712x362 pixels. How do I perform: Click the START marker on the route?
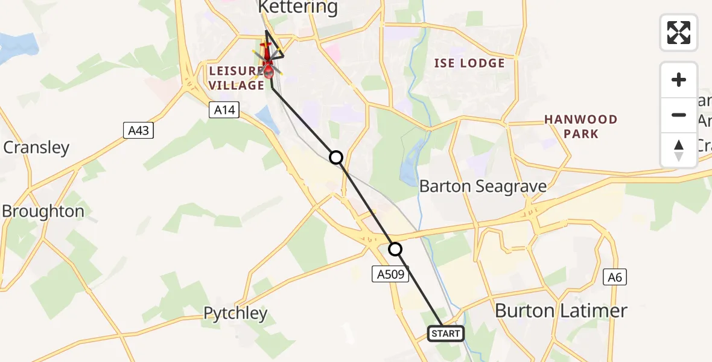(446, 333)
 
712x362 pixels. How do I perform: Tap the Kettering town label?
(298, 8)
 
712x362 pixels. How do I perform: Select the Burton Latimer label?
(561, 311)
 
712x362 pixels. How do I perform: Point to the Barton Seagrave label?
(483, 186)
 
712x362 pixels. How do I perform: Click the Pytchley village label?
(235, 313)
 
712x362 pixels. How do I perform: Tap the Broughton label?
(43, 211)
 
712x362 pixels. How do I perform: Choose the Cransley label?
(37, 147)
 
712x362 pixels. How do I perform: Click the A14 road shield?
(225, 110)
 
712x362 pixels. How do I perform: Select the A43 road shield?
(138, 130)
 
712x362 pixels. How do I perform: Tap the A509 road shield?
(390, 275)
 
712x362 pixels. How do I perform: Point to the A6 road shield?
(615, 277)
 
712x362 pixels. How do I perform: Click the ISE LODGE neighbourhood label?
(469, 63)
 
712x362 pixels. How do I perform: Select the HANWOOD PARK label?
(581, 126)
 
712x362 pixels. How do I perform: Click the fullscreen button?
(679, 33)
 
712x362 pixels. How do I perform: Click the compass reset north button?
(679, 150)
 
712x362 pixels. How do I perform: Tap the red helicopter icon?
(267, 63)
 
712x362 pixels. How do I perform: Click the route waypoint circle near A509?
(395, 249)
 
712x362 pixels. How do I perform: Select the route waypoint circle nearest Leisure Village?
(336, 157)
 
